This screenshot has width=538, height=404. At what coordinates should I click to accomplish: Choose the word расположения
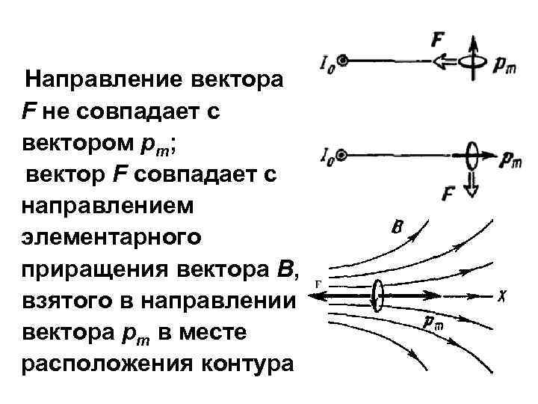[x=89, y=364]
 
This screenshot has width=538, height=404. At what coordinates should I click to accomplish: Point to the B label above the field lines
[x=398, y=226]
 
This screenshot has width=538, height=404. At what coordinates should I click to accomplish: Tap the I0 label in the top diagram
[x=327, y=65]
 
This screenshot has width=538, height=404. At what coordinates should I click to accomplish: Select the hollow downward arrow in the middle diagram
[x=471, y=183]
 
